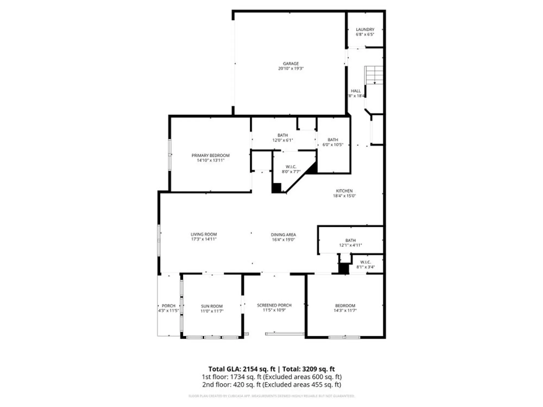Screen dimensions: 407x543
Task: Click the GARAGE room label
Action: click(291, 63)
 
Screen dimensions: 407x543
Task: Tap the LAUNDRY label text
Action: click(365, 29)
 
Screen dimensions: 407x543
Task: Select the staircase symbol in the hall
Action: click(374, 75)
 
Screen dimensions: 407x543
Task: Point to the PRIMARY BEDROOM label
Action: click(210, 155)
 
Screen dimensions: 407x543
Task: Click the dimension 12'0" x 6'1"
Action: click(282, 140)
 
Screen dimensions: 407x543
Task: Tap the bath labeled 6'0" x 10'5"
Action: click(333, 142)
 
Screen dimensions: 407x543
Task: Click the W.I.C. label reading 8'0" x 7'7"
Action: click(291, 169)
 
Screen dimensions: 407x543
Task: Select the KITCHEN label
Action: click(344, 191)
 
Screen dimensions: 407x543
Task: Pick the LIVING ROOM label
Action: click(204, 234)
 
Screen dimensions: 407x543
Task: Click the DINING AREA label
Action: click(283, 235)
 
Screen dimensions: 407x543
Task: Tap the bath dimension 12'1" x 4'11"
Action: click(350, 245)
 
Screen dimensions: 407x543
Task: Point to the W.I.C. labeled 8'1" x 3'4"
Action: click(365, 265)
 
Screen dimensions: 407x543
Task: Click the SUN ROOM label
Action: click(212, 306)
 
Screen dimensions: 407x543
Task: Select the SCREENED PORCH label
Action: click(274, 305)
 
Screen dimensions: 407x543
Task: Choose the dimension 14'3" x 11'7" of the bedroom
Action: click(345, 310)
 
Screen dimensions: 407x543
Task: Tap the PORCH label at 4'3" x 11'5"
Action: click(168, 308)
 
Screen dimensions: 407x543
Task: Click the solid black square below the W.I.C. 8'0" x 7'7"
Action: click(276, 188)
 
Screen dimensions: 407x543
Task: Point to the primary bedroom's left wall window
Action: click(170, 155)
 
